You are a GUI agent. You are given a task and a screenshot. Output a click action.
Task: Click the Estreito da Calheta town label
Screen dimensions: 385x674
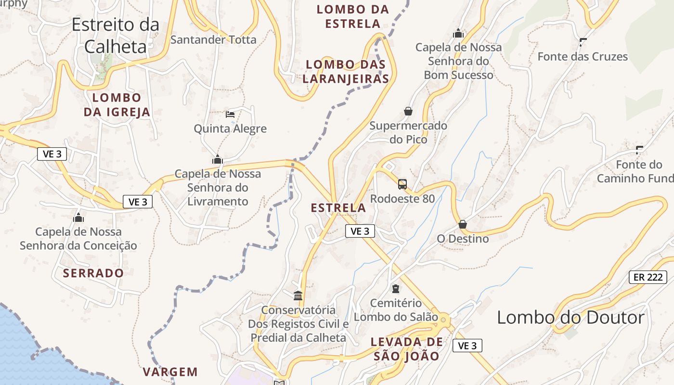coord(116,35)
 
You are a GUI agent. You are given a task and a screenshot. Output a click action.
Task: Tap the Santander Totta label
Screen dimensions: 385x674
coord(213,39)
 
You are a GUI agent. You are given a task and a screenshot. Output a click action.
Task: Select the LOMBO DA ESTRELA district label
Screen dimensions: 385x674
coord(353,16)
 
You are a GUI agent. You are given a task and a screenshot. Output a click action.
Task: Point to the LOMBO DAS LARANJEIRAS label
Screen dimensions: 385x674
coord(347,71)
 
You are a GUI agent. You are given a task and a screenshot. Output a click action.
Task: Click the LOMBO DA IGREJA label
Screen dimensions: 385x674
coord(117,105)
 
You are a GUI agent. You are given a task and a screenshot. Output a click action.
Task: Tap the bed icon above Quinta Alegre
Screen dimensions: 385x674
coord(230,115)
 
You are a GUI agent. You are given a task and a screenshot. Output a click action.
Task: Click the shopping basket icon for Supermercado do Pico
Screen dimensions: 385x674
coord(408,111)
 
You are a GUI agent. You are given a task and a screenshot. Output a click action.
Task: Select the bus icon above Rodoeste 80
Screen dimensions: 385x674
coord(402,184)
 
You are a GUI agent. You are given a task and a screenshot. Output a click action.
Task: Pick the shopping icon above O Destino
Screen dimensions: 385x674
coord(463,224)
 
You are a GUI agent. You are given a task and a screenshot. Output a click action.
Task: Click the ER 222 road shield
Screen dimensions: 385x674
coord(648,277)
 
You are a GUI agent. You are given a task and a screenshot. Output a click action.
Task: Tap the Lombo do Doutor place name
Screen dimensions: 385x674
coord(570,318)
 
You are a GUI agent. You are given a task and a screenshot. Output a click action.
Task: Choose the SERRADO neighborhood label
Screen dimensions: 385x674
coord(93,273)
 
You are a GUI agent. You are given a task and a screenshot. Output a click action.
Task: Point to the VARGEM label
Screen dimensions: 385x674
coord(170,372)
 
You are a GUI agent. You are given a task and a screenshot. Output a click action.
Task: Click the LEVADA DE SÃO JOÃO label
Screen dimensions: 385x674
coord(406,349)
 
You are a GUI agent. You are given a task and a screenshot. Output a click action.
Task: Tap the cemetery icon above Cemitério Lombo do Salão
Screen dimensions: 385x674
coord(396,289)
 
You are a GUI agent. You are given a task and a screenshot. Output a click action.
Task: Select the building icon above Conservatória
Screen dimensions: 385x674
coord(298,295)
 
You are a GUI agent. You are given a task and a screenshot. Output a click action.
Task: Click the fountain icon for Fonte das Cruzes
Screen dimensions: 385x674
coord(583,42)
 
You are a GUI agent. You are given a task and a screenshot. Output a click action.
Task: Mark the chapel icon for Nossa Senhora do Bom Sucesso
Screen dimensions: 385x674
coord(458,33)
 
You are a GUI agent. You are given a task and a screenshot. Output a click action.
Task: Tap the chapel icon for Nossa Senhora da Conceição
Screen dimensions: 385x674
coord(78,218)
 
